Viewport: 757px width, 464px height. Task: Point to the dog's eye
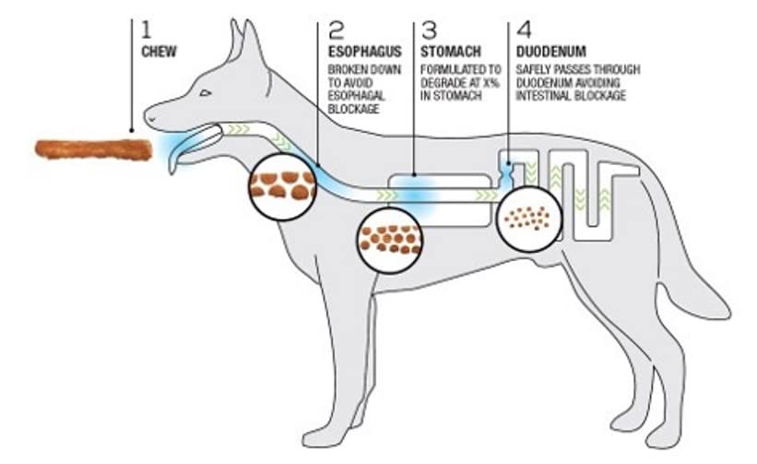(x=205, y=92)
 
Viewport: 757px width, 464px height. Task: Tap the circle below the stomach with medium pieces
(x=390, y=239)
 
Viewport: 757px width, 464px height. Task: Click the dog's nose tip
(x=148, y=117)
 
